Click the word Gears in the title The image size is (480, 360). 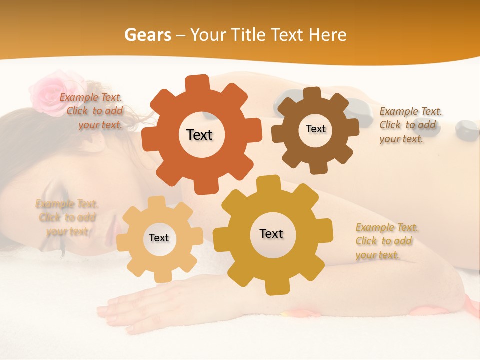pyautogui.click(x=147, y=35)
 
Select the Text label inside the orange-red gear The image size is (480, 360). pyautogui.click(x=199, y=135)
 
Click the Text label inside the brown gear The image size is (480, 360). pyautogui.click(x=315, y=129)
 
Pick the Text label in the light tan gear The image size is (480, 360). pyautogui.click(x=159, y=238)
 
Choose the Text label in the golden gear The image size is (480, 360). pyautogui.click(x=271, y=233)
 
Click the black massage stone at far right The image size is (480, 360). pyautogui.click(x=466, y=130)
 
